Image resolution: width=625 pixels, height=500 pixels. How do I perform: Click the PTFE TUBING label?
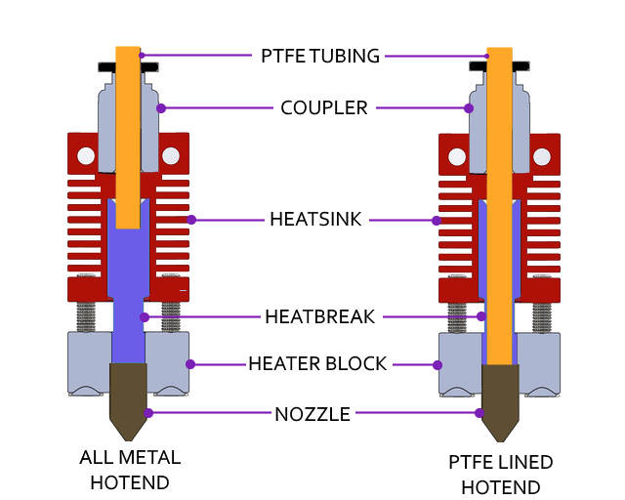[x=319, y=56]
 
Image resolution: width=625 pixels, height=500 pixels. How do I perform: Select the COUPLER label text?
[x=324, y=107]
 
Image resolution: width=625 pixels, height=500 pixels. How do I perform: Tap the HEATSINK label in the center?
[x=315, y=220]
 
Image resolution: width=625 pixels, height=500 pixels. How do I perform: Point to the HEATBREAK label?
[x=319, y=316]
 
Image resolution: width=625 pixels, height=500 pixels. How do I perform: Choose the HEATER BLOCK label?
[x=317, y=364]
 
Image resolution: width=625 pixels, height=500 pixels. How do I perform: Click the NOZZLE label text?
[x=312, y=414]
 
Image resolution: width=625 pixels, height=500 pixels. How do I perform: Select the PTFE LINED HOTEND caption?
[x=501, y=475]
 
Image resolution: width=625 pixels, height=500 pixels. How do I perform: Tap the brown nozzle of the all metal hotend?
[x=128, y=396]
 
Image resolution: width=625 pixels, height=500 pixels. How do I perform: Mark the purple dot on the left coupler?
[x=161, y=107]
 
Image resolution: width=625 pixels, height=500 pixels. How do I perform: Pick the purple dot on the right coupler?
[x=469, y=108]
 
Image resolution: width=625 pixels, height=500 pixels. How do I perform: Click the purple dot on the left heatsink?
[x=191, y=220]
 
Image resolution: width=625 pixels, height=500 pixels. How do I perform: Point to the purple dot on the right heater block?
[x=437, y=365]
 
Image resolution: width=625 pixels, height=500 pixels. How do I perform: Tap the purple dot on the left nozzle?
[x=148, y=413]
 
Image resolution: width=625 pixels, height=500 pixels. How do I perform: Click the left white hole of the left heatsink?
[x=86, y=155]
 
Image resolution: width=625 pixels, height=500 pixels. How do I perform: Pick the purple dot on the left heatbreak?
[x=145, y=317]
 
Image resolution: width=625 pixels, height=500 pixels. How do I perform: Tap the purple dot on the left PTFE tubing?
[x=141, y=55]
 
